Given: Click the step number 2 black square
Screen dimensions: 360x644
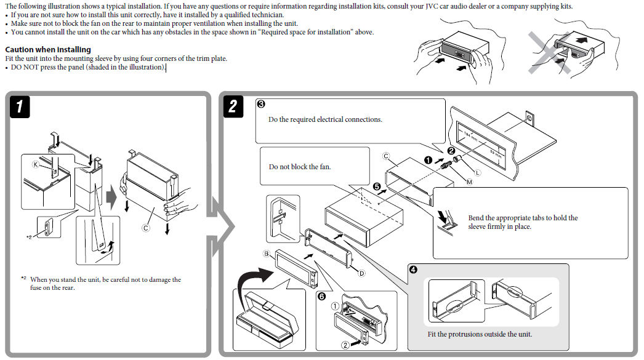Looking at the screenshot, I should [232, 106].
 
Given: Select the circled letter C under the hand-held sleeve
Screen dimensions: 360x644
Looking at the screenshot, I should [146, 228].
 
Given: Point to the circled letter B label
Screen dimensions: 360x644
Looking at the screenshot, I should [267, 254].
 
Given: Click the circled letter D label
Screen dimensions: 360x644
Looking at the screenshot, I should [362, 273].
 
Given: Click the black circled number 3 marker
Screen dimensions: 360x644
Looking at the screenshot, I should [260, 104].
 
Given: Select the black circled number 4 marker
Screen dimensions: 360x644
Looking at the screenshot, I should [413, 270].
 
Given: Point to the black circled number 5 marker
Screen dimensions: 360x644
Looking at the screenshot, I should [377, 185].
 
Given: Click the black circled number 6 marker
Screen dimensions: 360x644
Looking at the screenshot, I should [321, 296].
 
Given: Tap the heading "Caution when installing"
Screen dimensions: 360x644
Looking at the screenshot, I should [48, 49].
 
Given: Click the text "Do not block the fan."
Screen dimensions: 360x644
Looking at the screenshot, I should [300, 167].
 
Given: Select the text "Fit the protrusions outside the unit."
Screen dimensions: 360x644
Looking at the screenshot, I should [480, 334].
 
